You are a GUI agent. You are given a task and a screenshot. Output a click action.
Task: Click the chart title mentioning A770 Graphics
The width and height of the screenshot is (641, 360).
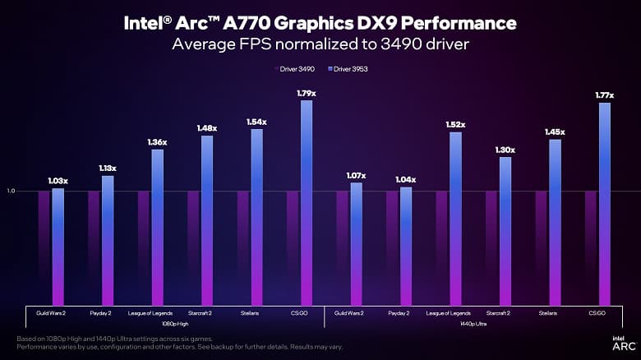pyautogui.click(x=320, y=22)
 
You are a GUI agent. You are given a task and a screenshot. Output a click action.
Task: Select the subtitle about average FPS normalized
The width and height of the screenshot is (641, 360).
pyautogui.click(x=320, y=44)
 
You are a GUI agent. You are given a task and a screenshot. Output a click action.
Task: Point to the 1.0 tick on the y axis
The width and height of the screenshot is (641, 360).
pyautogui.click(x=12, y=191)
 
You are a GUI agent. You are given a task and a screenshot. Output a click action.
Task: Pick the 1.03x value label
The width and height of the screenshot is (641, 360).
pyautogui.click(x=58, y=180)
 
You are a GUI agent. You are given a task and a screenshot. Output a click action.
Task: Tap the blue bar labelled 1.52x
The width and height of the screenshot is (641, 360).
pyautogui.click(x=455, y=218)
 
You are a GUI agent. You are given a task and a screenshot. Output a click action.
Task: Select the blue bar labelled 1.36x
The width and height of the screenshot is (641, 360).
pyautogui.click(x=157, y=226)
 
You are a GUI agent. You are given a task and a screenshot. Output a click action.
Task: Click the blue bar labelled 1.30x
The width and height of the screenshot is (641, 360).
pyautogui.click(x=505, y=230)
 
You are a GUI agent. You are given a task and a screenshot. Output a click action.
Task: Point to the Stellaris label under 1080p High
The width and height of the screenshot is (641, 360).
pyautogui.click(x=250, y=313)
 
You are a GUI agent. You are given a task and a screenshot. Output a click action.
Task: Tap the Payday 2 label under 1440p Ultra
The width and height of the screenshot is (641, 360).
pyautogui.click(x=399, y=313)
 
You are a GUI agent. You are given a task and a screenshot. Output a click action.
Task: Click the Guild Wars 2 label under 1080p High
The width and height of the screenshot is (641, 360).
pyautogui.click(x=51, y=313)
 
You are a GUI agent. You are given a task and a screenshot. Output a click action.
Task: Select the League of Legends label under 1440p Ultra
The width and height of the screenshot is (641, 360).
pyautogui.click(x=449, y=313)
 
